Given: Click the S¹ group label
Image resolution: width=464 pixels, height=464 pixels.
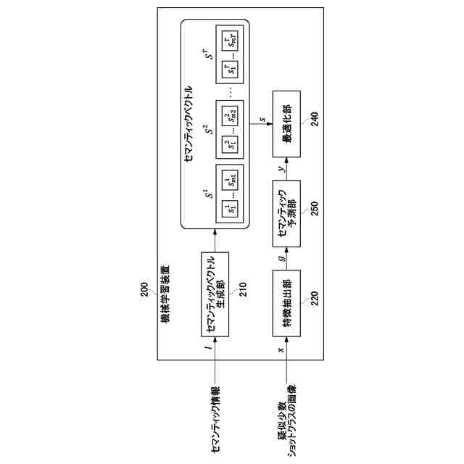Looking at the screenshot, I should coord(206,195).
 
